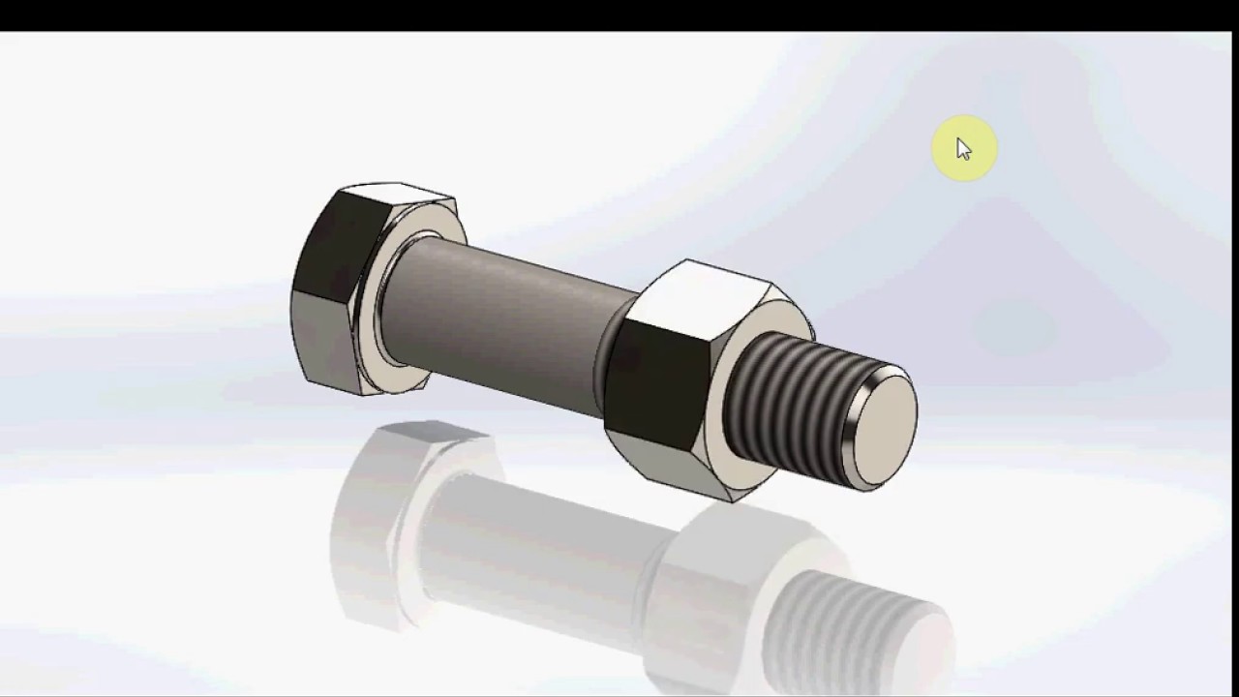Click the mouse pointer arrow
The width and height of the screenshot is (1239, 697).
[963, 149]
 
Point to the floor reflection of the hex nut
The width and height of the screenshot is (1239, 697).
[707, 581]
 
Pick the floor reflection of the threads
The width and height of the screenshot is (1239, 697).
[852, 620]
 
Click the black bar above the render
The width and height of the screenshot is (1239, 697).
[619, 15]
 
